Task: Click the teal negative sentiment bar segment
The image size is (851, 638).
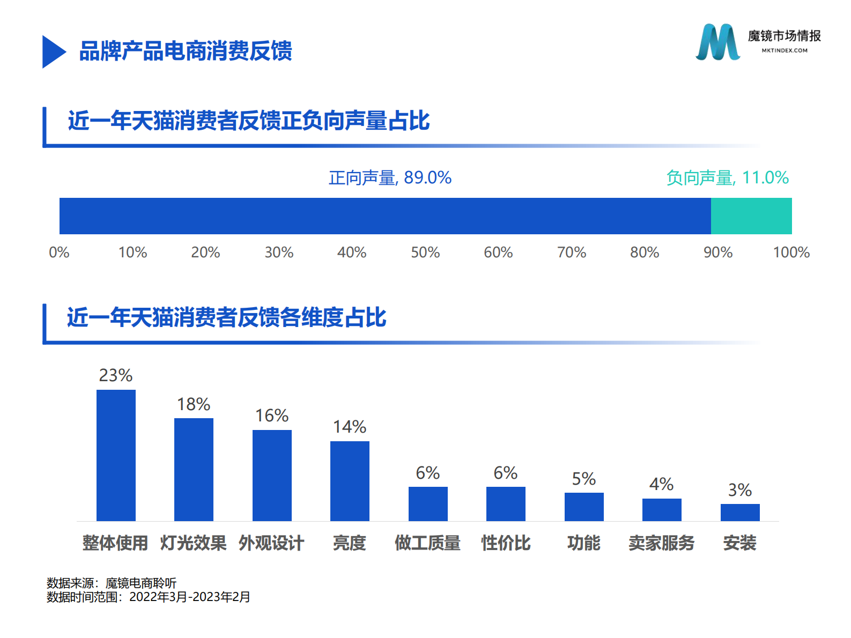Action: (x=751, y=216)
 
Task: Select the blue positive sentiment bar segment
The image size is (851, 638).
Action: (x=384, y=216)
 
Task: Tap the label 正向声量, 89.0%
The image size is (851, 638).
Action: (x=390, y=177)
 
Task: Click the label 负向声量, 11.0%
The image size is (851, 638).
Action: (x=727, y=177)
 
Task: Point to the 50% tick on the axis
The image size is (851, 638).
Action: (x=425, y=253)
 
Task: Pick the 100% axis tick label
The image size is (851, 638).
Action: (x=791, y=253)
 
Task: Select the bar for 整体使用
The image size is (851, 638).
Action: (x=116, y=455)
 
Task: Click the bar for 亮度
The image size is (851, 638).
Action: (x=350, y=481)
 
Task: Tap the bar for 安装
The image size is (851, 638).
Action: (x=739, y=513)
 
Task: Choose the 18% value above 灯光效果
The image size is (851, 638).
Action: (x=194, y=404)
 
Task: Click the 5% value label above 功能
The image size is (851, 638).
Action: (x=583, y=479)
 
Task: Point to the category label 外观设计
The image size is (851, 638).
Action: (x=271, y=543)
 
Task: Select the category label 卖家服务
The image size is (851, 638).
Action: (x=661, y=543)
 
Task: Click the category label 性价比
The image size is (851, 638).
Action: (x=506, y=543)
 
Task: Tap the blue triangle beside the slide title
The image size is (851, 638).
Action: (x=53, y=52)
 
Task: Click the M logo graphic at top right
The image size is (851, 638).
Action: (x=717, y=42)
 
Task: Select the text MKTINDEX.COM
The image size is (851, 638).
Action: (x=784, y=50)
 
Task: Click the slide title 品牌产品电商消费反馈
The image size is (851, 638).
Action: (x=186, y=51)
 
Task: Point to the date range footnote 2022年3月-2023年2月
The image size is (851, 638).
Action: (x=190, y=597)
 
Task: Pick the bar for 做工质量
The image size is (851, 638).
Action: (x=427, y=504)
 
